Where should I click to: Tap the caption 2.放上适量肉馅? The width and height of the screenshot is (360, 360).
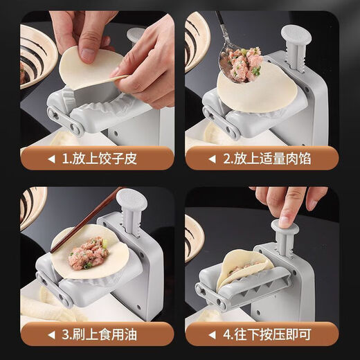coord(269,159)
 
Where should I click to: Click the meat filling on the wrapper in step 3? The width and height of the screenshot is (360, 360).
coord(88,255)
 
